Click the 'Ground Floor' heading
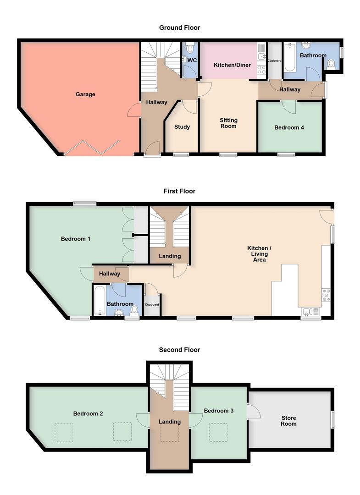179,27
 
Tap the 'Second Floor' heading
179,350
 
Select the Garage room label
85,94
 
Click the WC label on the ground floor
193,60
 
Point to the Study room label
182,127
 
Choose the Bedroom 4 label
289,128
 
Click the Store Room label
289,421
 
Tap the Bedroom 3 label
219,411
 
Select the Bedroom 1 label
76,239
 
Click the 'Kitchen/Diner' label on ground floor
232,65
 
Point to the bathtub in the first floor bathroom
100,301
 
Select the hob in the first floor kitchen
327,296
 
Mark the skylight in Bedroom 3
218,432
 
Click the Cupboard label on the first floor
152,304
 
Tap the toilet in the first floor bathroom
134,310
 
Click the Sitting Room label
228,123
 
